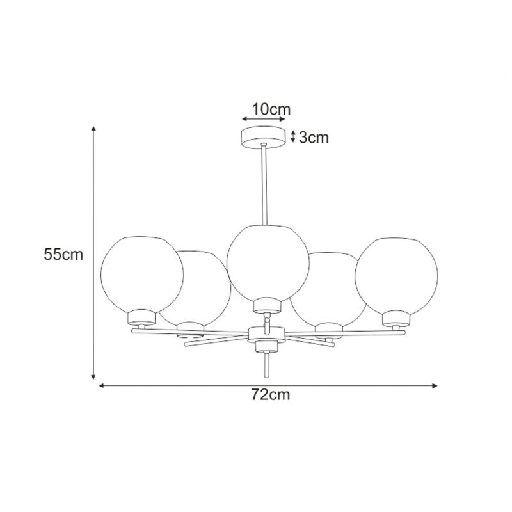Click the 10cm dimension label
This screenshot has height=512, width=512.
[271, 109]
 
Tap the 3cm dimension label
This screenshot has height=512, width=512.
[314, 138]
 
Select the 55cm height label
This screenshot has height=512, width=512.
[63, 254]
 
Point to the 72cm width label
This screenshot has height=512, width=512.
[271, 395]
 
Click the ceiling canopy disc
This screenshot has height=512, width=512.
[263, 137]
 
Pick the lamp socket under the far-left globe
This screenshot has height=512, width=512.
[141, 317]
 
